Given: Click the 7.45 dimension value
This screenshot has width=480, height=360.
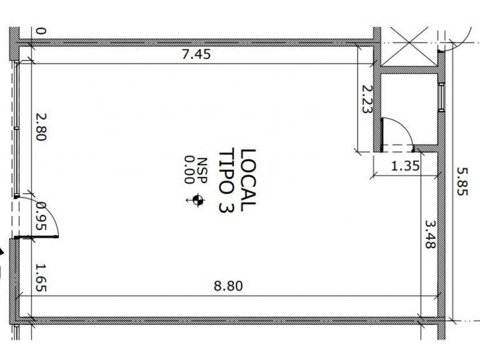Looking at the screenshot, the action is tap(196, 54).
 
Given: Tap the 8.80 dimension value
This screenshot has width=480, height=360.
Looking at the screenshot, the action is tap(228, 286).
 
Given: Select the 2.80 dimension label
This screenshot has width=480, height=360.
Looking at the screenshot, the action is tap(41, 127).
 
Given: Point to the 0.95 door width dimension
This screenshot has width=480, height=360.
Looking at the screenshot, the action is tap(41, 216).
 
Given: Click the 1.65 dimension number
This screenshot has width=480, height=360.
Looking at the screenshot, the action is tap(41, 277).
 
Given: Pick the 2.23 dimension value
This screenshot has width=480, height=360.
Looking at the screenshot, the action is tap(367, 99).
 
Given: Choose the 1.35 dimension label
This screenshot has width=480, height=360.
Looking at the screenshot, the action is tap(405, 166).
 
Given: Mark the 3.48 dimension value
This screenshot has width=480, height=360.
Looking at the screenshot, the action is tap(430, 234).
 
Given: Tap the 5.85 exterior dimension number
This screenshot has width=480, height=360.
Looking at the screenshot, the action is tap(462, 181).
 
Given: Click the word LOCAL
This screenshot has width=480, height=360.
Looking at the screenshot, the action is tap(248, 180).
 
